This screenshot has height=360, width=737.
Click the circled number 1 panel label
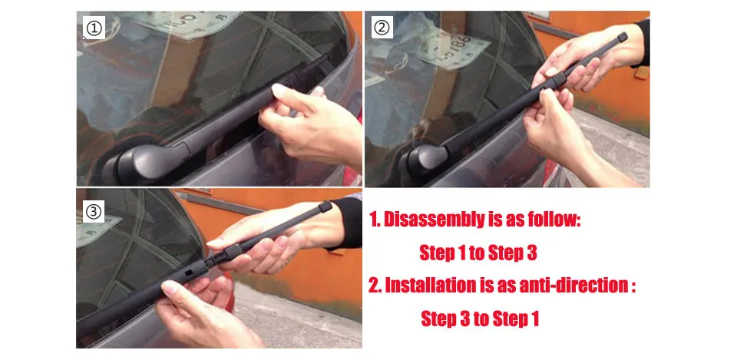coord(94,28)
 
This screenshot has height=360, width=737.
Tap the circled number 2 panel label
coord(382,28)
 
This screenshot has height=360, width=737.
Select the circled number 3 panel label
coord(94,212)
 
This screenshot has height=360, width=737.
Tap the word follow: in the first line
coord(554,220)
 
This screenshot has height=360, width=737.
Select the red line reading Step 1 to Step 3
coord(478,253)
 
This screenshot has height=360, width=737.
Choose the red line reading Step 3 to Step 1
coord(479,319)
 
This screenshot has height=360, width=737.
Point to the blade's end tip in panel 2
coord(623,37)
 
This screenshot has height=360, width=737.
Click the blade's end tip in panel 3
coord(326,206)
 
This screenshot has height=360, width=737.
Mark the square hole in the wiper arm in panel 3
coord(188,272)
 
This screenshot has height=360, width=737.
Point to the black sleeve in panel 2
coord(643,43)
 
